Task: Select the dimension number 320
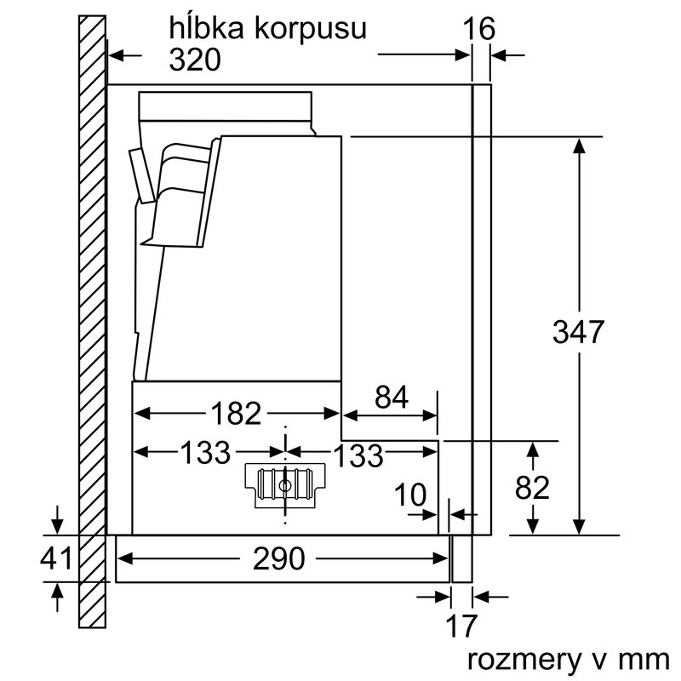(x=195, y=60)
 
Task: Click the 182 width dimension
(x=236, y=414)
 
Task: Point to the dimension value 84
(x=391, y=397)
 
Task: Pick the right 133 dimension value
(x=357, y=455)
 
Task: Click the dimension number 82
(x=532, y=488)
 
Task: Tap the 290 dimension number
(x=279, y=558)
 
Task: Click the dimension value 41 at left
(x=57, y=558)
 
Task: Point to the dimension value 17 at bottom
(x=461, y=627)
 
